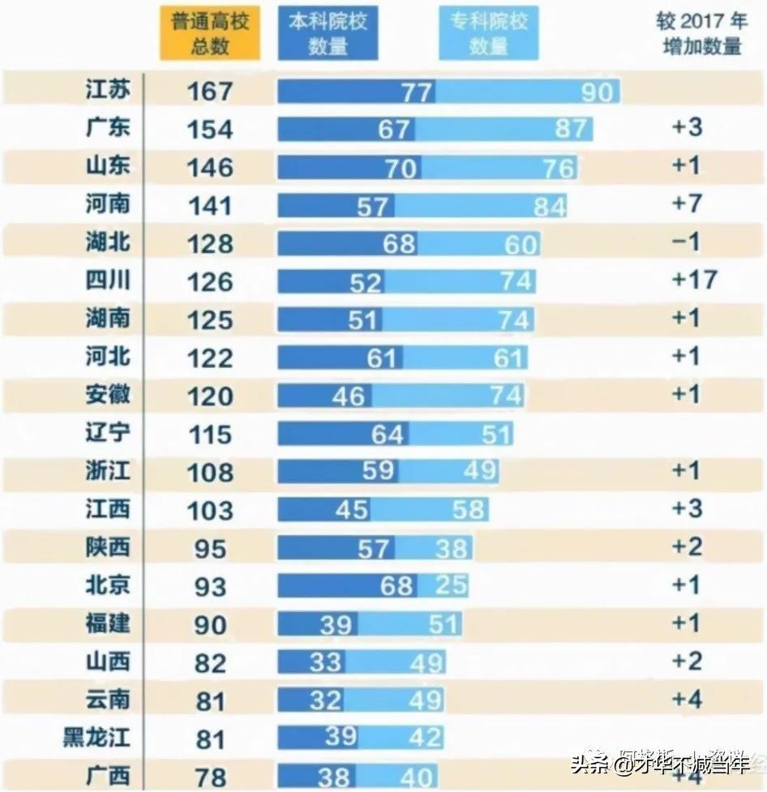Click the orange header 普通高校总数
209,33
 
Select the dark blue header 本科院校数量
327,33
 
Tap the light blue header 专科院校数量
488,33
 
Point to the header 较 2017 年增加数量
701,33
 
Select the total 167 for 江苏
209,90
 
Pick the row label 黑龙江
96,737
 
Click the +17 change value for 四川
695,280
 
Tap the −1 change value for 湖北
685,242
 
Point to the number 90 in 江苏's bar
597,92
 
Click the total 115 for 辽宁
209,435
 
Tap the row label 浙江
108,470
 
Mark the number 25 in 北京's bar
450,584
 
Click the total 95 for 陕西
209,548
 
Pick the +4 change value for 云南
685,699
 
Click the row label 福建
108,623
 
